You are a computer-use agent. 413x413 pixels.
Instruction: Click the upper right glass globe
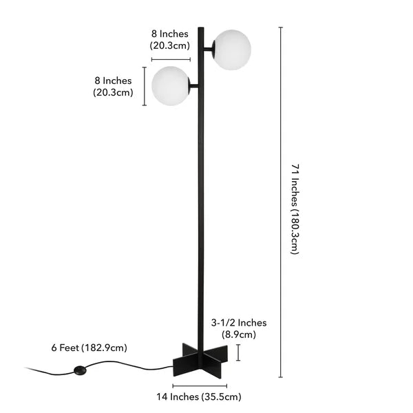(x=231, y=50)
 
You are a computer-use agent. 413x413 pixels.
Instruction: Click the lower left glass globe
(x=171, y=86)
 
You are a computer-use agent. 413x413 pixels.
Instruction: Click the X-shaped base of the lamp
(x=199, y=360)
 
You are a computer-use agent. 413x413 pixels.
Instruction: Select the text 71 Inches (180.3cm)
(x=294, y=209)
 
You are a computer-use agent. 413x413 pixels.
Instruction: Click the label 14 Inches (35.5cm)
(x=200, y=396)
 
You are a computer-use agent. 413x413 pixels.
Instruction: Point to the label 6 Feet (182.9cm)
(x=89, y=348)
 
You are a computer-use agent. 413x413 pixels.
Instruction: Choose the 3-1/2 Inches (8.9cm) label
(x=238, y=328)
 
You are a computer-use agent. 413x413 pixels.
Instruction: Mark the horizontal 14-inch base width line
(x=200, y=385)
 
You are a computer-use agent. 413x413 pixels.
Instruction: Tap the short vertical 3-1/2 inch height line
(x=238, y=352)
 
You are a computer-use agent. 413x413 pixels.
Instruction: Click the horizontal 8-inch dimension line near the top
(x=171, y=59)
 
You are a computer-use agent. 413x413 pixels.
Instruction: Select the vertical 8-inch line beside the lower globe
(x=145, y=86)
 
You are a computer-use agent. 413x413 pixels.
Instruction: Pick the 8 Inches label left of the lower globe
(x=113, y=87)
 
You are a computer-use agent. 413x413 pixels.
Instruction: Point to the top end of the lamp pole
(x=201, y=29)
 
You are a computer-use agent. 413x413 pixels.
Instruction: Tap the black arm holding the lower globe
(x=193, y=86)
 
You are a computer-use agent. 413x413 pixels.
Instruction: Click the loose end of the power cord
(x=28, y=368)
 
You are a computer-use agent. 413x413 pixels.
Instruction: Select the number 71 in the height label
(x=294, y=169)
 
